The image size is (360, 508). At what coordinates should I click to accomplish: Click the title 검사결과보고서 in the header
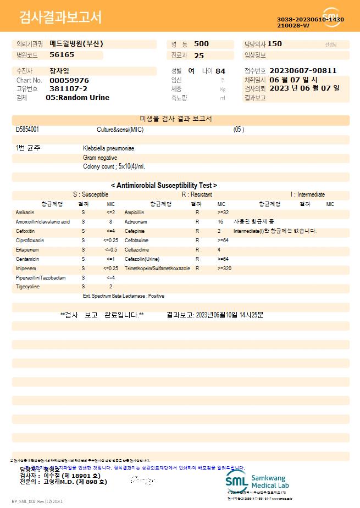click(60, 18)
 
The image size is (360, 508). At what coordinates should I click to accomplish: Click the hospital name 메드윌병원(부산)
click(76, 44)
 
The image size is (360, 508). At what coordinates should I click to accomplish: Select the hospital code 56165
click(62, 55)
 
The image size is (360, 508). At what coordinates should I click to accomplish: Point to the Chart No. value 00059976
click(69, 80)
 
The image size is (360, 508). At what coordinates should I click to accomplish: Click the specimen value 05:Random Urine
click(77, 98)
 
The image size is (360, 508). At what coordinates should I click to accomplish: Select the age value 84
click(220, 71)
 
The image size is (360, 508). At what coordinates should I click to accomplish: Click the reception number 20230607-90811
click(303, 71)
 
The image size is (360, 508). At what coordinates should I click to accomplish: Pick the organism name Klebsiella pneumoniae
click(109, 148)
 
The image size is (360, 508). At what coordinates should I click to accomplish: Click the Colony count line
click(114, 166)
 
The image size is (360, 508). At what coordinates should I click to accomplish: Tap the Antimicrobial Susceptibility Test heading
click(164, 186)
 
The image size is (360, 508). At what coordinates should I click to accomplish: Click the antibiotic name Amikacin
click(25, 212)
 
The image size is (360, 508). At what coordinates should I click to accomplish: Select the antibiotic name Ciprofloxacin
click(30, 241)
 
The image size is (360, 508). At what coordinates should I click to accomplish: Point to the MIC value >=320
click(224, 269)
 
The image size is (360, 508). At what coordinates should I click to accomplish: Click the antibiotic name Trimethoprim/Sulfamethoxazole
click(157, 269)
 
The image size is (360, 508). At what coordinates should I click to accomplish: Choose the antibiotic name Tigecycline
click(27, 287)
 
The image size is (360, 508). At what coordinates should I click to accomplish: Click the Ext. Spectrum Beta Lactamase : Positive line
click(123, 296)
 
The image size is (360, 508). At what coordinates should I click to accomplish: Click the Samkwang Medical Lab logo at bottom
click(257, 482)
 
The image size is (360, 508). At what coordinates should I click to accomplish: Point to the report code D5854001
click(27, 130)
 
